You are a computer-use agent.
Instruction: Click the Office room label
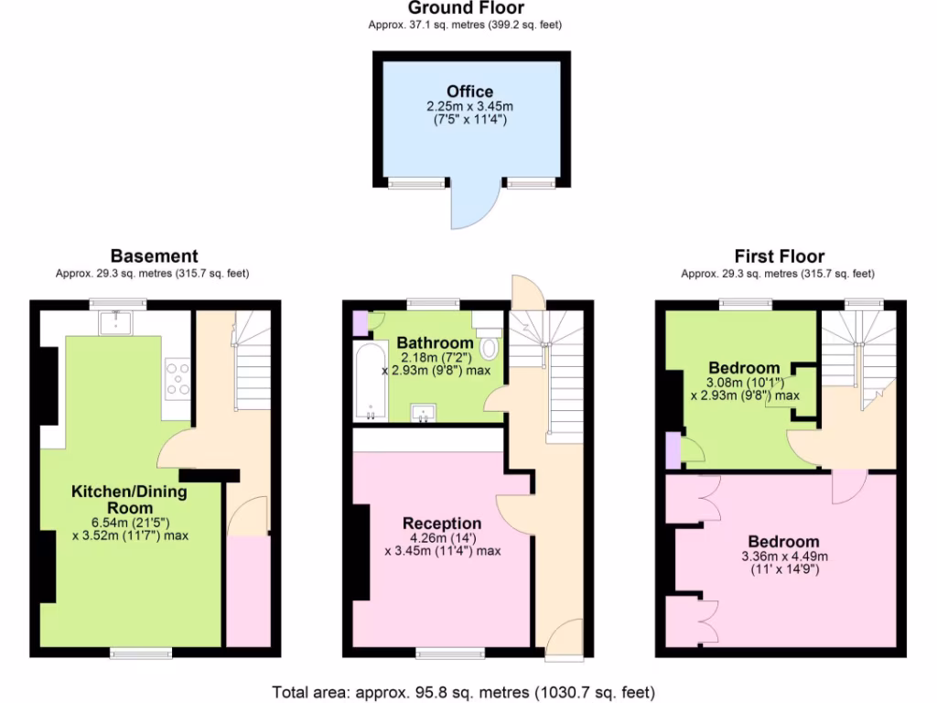point(470,92)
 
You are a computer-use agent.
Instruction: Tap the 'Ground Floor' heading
point(465,8)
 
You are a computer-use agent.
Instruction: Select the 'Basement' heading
point(154,256)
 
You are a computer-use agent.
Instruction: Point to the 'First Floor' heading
point(780,256)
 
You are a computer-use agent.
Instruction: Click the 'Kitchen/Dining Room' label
point(129,500)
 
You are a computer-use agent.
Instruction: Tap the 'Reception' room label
point(442,523)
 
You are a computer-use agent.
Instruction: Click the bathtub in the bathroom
point(372,382)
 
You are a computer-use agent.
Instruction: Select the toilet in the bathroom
point(489,347)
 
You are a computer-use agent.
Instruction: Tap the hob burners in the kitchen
point(178,379)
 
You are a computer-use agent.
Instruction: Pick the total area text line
point(464,692)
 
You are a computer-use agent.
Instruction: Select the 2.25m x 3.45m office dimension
point(470,107)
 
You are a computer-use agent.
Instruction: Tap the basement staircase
point(253,362)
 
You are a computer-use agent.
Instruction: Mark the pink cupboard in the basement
point(242,590)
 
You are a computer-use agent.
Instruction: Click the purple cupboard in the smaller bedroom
point(673,450)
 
